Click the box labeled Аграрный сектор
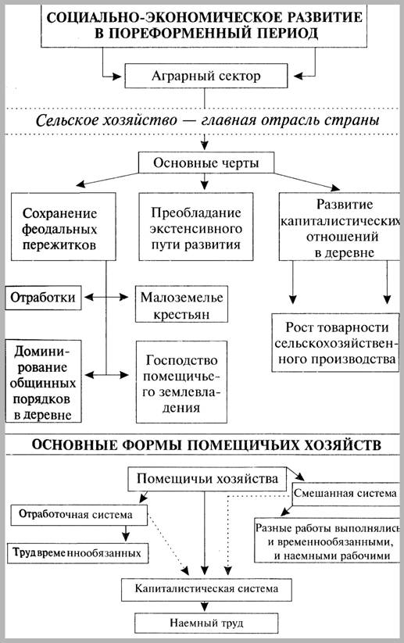(204, 77)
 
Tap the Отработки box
(43, 298)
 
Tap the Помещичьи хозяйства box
(207, 477)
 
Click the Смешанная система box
(346, 494)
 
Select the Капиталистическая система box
(205, 585)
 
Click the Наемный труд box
(205, 622)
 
